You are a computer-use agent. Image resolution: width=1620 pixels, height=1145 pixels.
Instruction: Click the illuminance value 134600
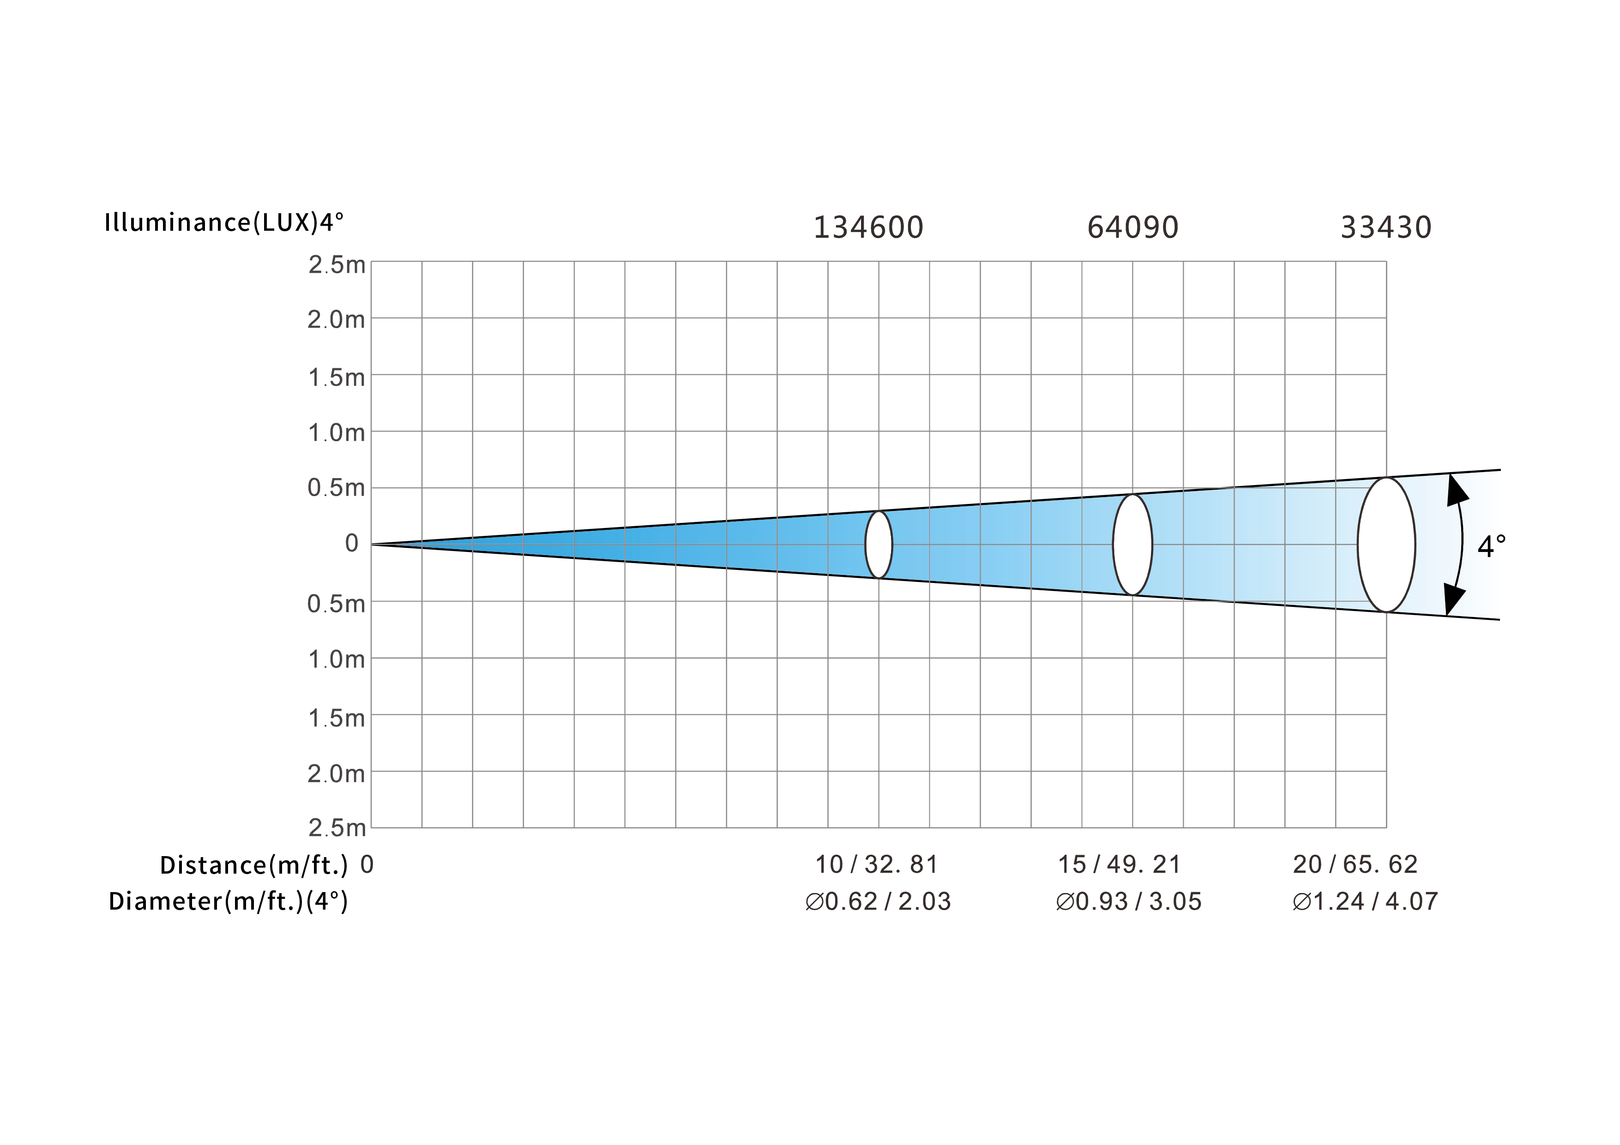coord(868,227)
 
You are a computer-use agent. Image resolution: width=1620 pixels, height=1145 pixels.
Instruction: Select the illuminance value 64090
coord(1132,227)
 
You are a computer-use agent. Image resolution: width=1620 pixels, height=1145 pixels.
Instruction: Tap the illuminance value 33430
coord(1386,227)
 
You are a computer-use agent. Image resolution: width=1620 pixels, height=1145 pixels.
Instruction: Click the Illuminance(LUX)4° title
coord(223,222)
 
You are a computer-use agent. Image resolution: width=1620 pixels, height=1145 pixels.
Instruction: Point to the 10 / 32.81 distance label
coord(876,864)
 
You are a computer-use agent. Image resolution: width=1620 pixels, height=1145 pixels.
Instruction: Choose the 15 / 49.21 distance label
coord(1119,864)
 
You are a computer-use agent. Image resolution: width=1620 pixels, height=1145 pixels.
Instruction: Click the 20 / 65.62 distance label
coord(1355,864)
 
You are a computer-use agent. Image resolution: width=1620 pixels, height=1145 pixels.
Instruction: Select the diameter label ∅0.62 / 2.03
coord(878,902)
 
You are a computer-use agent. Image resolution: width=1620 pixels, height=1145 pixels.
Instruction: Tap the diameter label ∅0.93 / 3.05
coord(1128,902)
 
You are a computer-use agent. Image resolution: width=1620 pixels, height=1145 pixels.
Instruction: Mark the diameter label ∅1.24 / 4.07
coord(1365,902)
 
